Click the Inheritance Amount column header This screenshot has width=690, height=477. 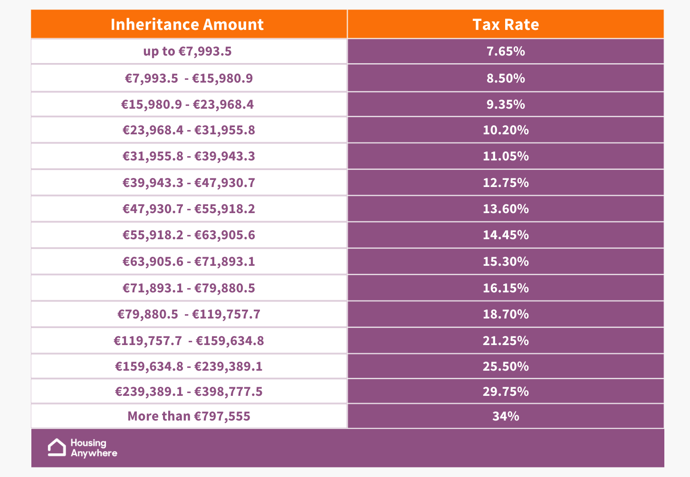point(187,24)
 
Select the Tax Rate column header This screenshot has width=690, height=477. point(506,24)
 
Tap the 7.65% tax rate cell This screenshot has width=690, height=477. point(506,51)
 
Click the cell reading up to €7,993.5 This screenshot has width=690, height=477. point(187,51)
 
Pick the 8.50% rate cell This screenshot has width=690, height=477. point(506,78)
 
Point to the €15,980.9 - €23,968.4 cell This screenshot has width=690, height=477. point(187,104)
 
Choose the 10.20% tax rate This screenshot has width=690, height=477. point(506,130)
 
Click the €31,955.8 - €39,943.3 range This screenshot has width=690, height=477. point(189,156)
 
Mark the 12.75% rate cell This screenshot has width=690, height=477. point(506,183)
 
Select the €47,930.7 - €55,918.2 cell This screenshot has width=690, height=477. point(189,209)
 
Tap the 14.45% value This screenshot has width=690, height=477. point(506,235)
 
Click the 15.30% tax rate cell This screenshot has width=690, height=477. point(506,262)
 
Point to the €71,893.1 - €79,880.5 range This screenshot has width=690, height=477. point(189,288)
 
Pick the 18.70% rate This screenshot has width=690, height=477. point(506,314)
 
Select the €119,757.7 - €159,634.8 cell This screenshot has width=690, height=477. point(189,341)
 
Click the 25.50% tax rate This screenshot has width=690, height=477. point(506,366)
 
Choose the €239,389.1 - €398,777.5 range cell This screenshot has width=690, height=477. point(189,392)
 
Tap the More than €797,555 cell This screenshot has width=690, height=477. point(189,416)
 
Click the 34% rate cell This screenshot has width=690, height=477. point(506,416)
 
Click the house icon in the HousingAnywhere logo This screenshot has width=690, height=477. point(57,447)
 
